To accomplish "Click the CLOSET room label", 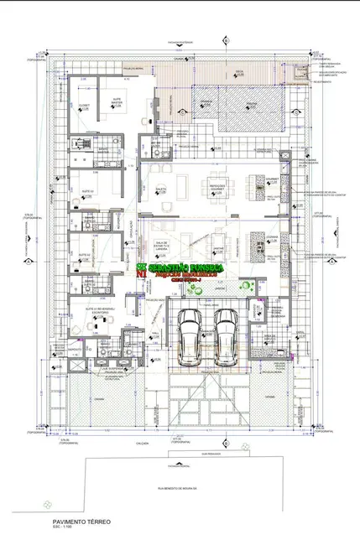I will [x=84, y=106].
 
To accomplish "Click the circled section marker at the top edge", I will [x=225, y=39].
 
